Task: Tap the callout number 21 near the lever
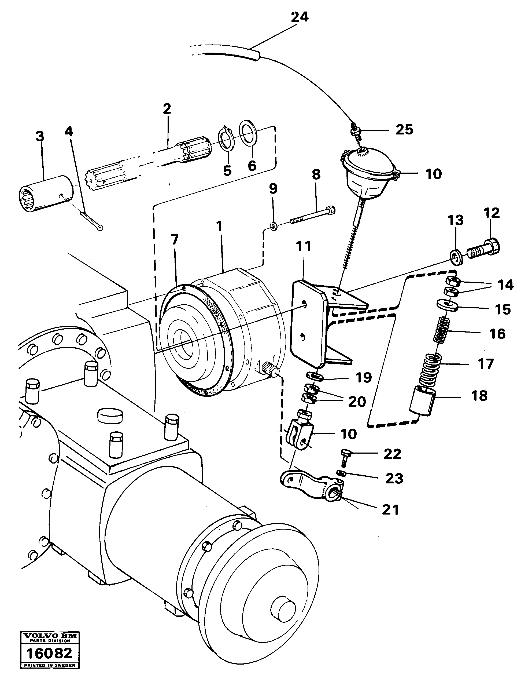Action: (x=390, y=510)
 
